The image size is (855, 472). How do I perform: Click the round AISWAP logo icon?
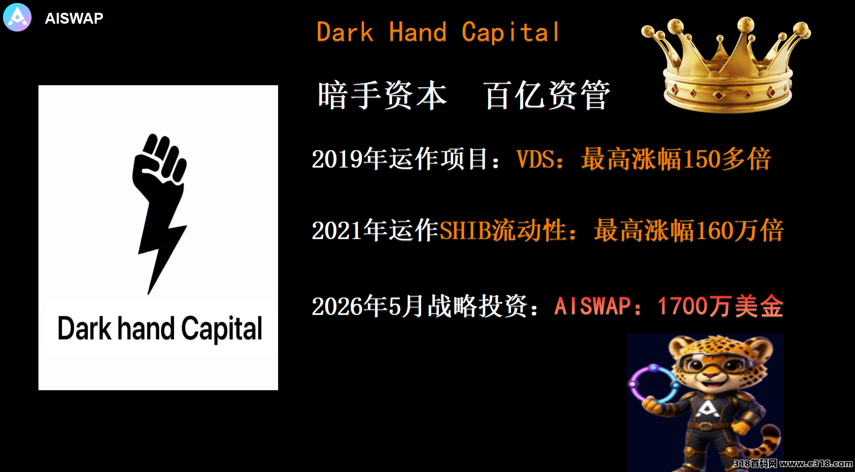[17, 17]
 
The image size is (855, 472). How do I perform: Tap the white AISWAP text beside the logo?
[74, 18]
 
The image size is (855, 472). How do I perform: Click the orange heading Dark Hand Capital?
[438, 33]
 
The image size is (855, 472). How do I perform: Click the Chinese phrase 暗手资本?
[382, 95]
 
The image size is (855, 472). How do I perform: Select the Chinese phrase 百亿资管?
[547, 95]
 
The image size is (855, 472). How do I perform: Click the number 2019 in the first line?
[337, 159]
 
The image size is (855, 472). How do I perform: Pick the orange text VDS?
[535, 159]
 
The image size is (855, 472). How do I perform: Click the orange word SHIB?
[465, 231]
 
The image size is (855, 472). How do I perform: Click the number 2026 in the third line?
[337, 306]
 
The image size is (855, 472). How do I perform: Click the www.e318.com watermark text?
[816, 463]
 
